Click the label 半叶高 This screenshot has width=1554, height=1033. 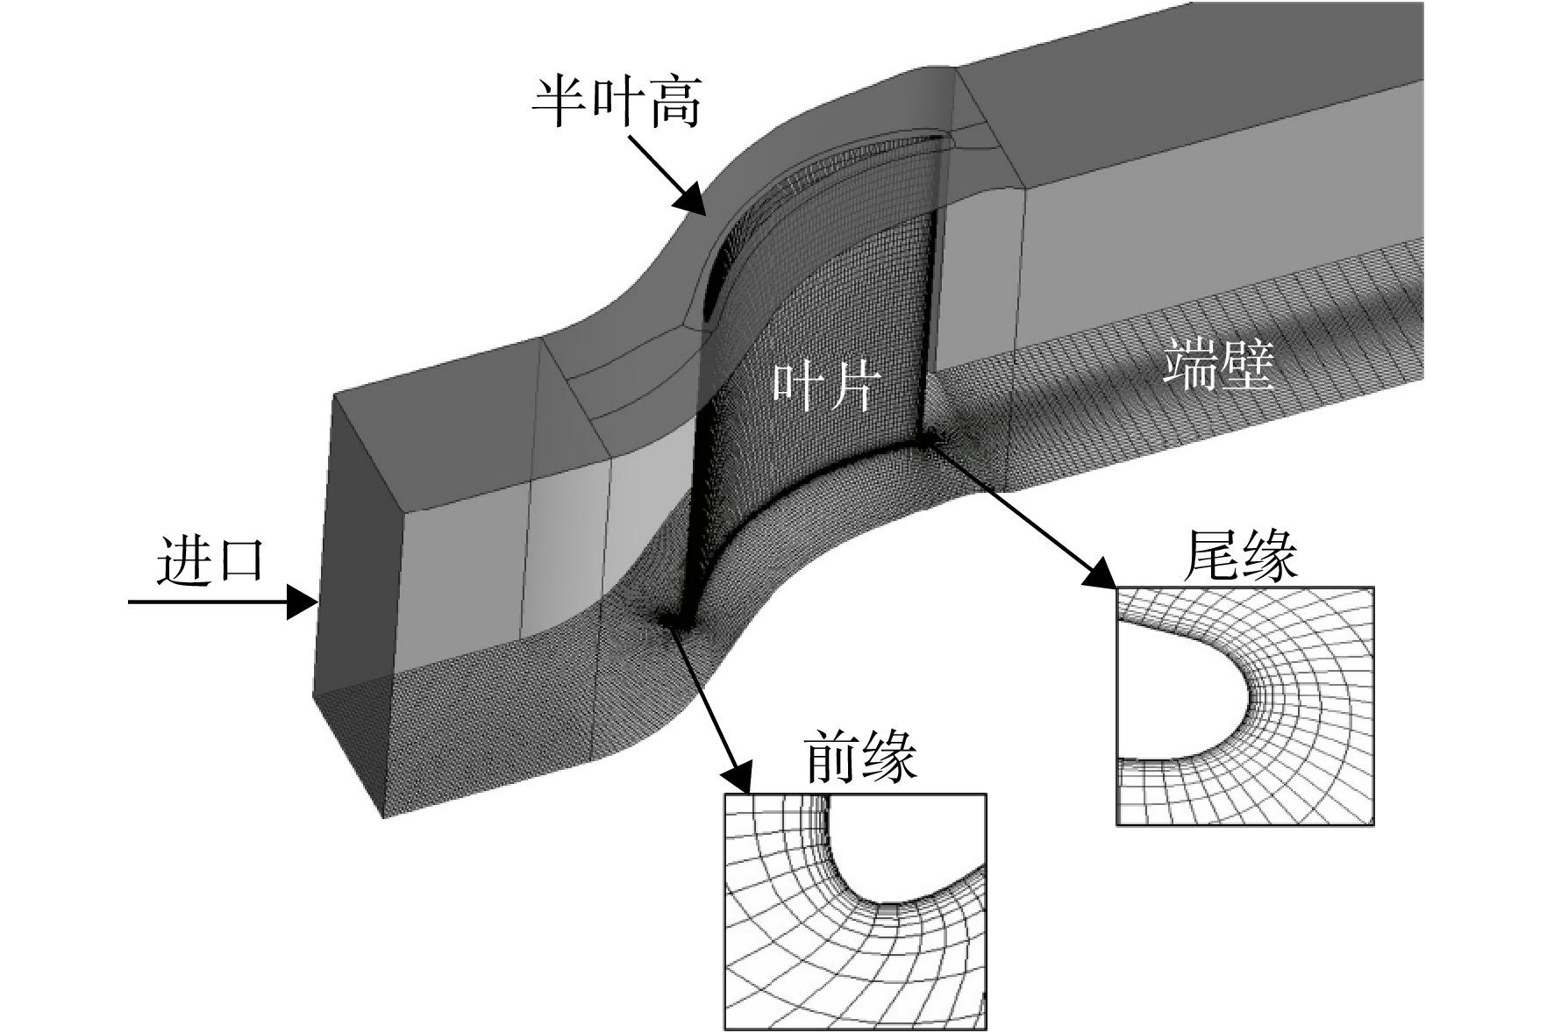[x=617, y=103]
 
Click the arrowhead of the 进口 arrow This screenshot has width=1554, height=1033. [x=303, y=602]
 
